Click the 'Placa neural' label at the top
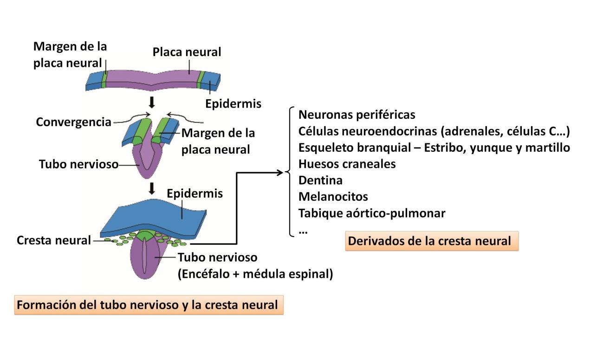[x=187, y=52]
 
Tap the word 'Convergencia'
[x=74, y=122]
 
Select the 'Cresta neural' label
[x=54, y=240]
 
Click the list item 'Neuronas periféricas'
[x=357, y=115]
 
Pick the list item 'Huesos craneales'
[x=347, y=164]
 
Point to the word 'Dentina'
[x=320, y=180]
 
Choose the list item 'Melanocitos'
[x=333, y=197]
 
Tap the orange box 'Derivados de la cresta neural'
[x=431, y=241]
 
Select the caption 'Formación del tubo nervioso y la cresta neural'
[x=149, y=305]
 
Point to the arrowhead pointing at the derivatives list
[x=280, y=173]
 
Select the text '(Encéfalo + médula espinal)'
[x=255, y=274]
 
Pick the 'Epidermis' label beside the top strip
[x=233, y=104]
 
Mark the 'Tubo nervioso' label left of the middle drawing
[x=78, y=164]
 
